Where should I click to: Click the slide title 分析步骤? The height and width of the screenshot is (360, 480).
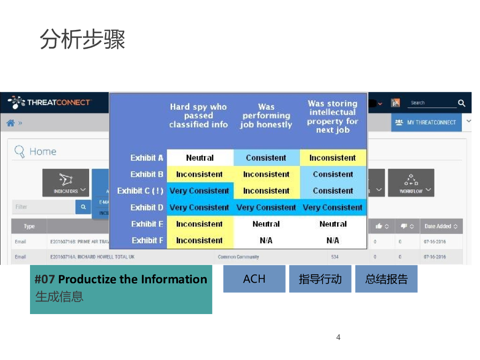click(82, 39)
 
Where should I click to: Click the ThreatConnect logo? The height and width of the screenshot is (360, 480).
click(50, 102)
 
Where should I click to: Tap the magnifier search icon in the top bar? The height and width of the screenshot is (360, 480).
click(461, 103)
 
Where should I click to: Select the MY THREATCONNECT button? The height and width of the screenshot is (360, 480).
click(426, 122)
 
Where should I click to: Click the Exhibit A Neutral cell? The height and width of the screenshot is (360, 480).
click(200, 158)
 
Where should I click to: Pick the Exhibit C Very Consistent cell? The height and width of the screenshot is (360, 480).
click(199, 191)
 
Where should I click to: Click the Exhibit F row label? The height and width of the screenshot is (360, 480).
click(147, 240)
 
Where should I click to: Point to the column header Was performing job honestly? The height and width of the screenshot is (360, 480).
click(266, 116)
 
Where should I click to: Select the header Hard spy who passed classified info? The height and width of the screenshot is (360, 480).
click(198, 116)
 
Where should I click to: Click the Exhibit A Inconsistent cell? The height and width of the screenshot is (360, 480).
click(333, 158)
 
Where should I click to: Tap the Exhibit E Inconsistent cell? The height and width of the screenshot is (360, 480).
click(199, 224)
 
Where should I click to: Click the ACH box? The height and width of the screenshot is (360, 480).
click(254, 279)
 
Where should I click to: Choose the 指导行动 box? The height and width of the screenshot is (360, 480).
click(320, 279)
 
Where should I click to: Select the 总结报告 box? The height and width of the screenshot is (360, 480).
click(386, 279)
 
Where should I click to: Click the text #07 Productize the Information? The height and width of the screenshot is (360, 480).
click(121, 279)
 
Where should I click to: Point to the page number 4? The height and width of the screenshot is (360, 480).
click(338, 337)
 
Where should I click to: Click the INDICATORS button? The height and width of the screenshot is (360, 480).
click(66, 183)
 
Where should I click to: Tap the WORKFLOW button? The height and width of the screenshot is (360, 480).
click(411, 183)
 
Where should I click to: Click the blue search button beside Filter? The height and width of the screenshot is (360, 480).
click(83, 207)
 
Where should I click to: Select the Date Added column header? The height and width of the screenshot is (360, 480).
click(441, 226)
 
